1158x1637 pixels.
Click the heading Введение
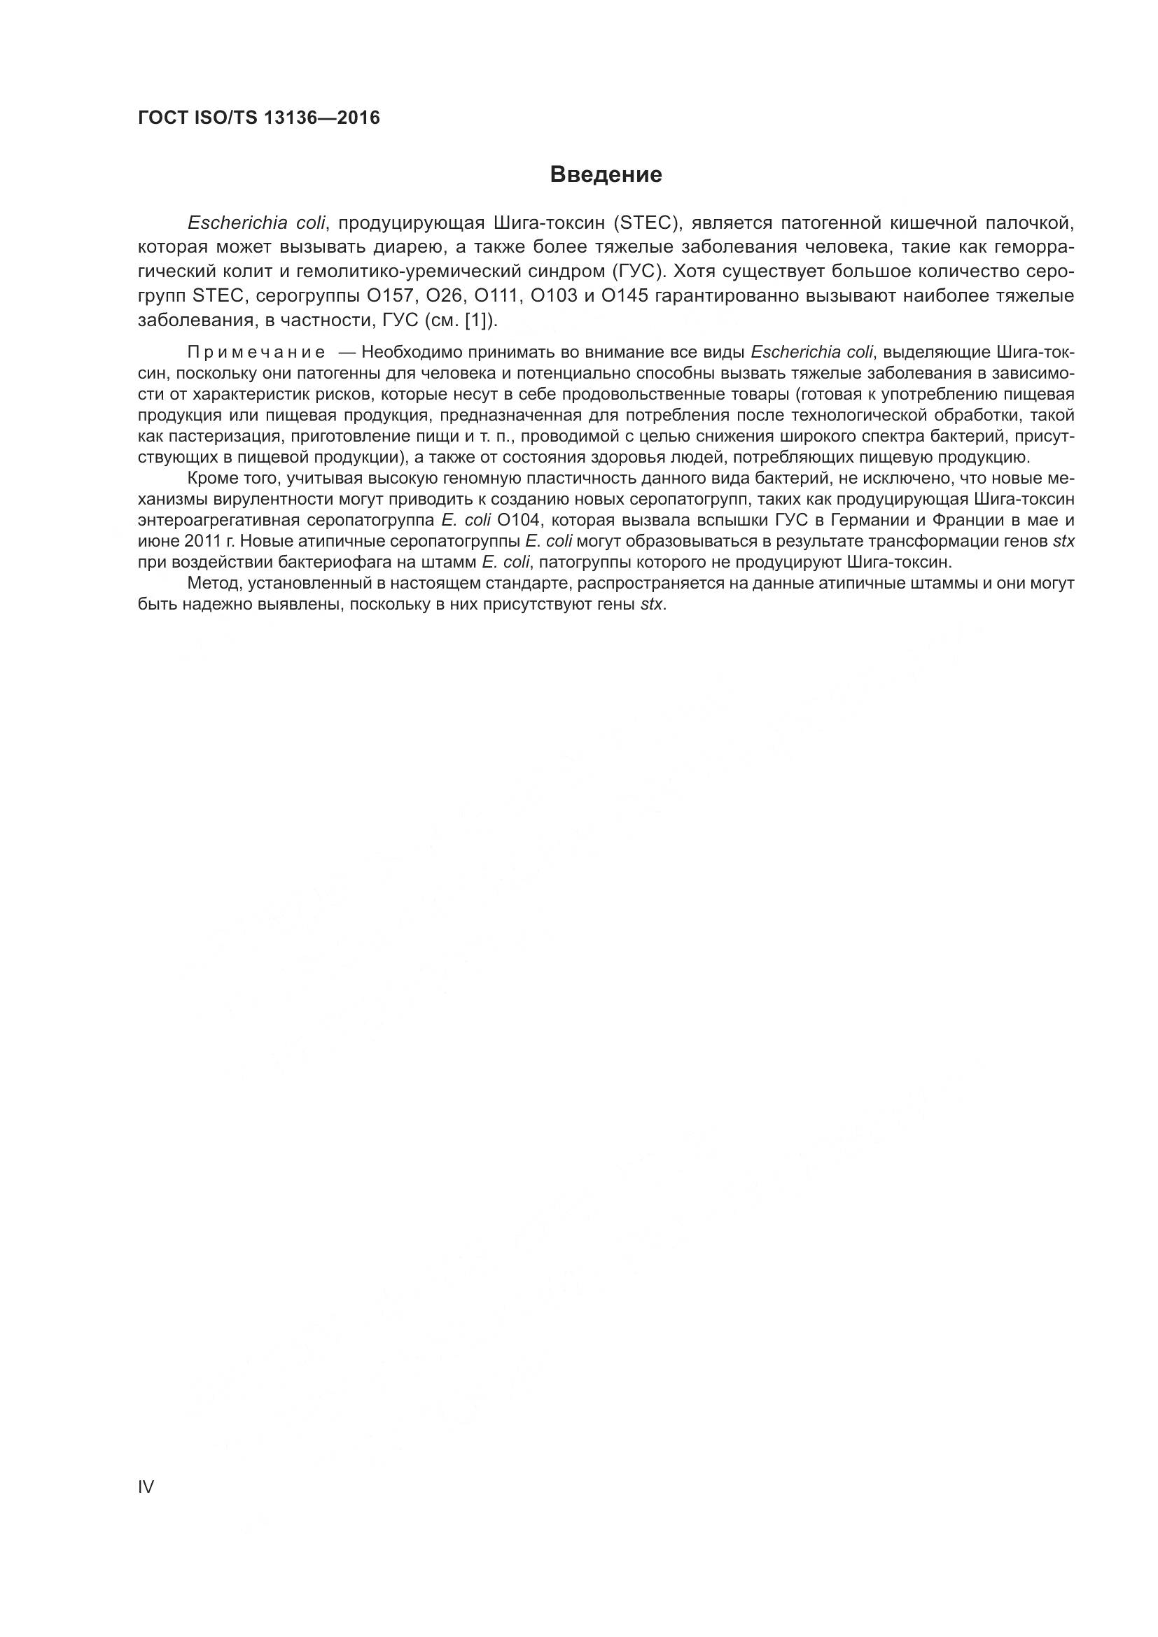[606, 175]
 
